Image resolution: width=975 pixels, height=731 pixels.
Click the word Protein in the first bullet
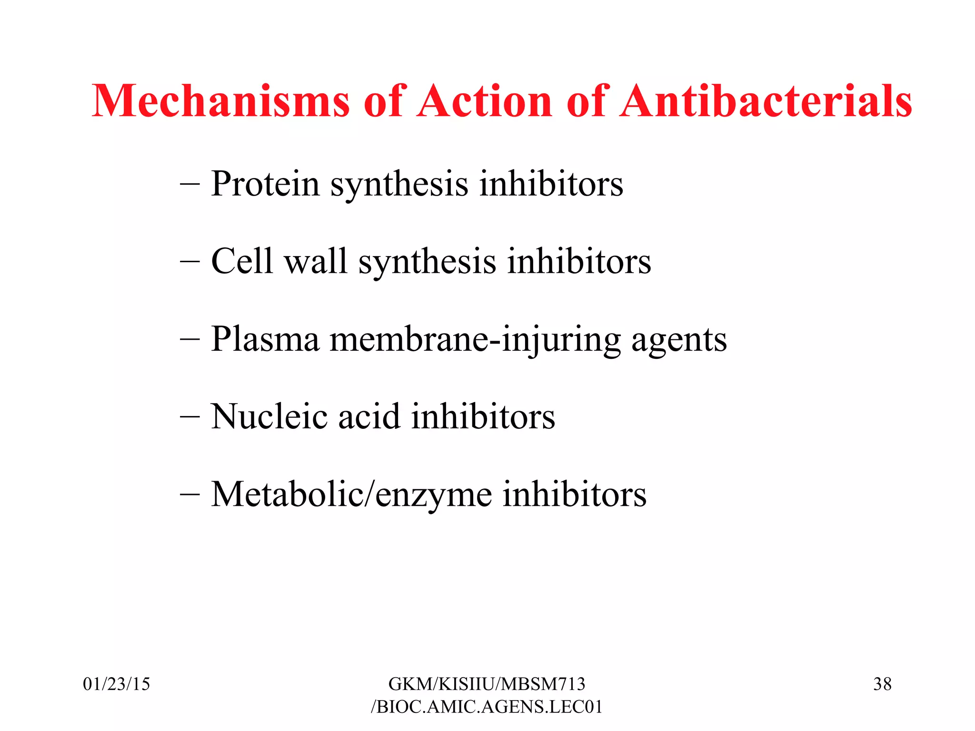click(x=265, y=184)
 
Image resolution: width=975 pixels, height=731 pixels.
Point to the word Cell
click(x=242, y=261)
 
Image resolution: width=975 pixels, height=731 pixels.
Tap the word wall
click(x=316, y=261)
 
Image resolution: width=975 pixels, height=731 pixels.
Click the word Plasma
click(x=265, y=339)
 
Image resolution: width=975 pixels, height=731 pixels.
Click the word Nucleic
click(x=269, y=417)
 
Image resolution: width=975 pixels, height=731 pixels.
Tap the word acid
click(x=368, y=417)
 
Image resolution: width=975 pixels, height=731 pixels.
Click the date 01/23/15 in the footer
click(x=117, y=684)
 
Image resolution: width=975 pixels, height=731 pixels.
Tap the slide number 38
click(x=882, y=684)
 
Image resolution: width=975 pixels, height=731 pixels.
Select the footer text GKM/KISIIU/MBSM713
click(x=487, y=684)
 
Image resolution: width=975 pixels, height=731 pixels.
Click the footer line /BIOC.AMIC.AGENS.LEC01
click(x=487, y=707)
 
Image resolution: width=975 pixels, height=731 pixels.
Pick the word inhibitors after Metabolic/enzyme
click(x=575, y=495)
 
